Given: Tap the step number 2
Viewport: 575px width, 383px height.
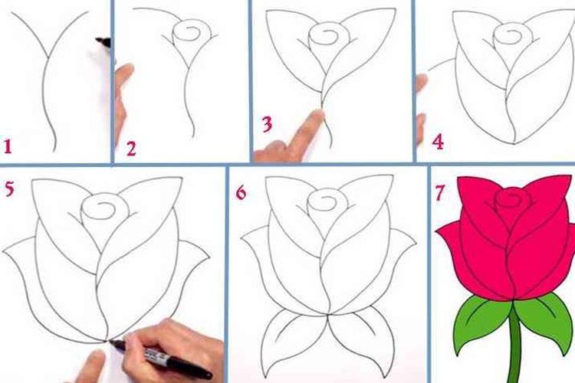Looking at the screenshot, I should (131, 148).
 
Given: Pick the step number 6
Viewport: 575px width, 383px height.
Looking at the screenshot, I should (242, 191).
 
